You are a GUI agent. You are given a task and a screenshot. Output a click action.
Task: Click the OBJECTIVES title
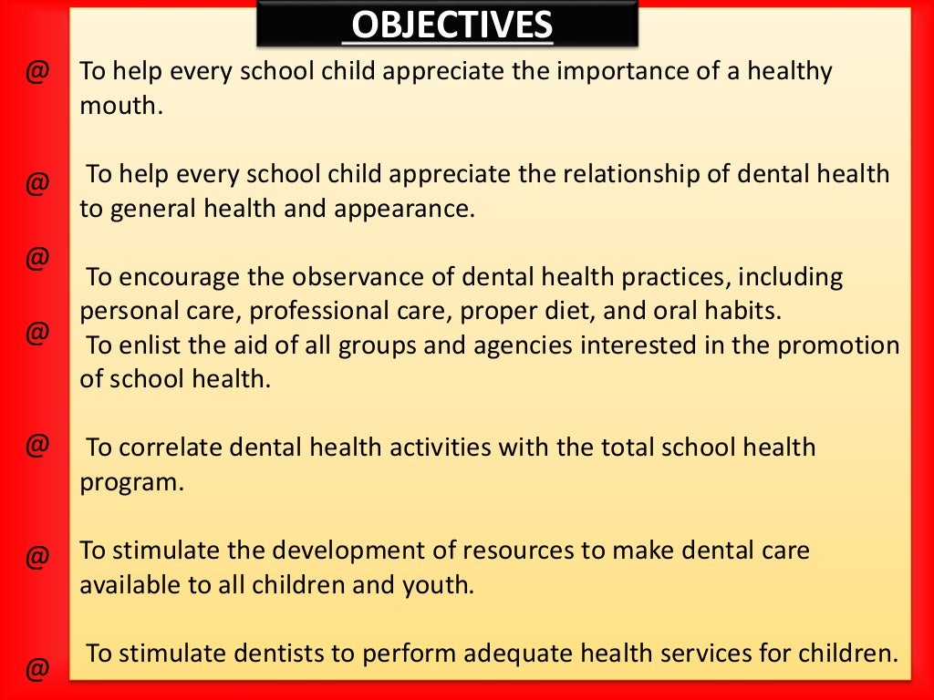[451, 26]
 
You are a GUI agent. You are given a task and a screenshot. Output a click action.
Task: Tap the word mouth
[119, 106]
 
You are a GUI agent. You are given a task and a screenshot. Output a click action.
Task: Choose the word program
[131, 482]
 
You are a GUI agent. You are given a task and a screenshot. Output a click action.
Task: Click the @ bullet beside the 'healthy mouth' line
[36, 72]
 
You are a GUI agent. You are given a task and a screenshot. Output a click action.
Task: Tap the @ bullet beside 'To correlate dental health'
[36, 446]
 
